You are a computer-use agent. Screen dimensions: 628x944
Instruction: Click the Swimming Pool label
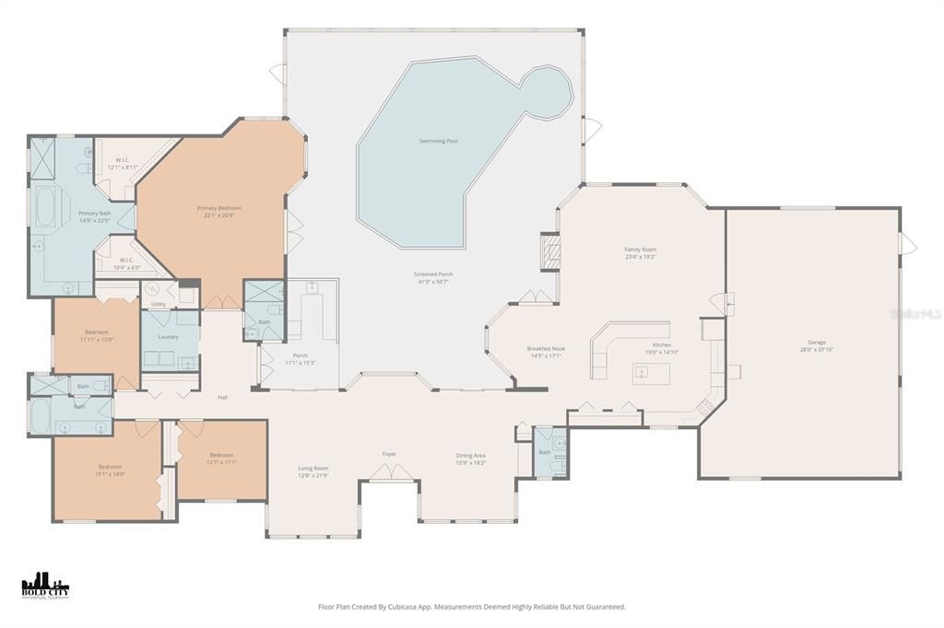click(438, 141)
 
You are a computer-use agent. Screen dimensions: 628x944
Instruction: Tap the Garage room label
click(816, 342)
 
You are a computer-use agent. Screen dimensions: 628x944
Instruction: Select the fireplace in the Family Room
click(549, 250)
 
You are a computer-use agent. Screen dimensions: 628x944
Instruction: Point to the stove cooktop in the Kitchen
click(705, 404)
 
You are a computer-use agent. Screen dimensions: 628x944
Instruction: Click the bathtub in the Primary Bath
click(45, 206)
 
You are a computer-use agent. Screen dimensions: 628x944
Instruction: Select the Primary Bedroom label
click(218, 208)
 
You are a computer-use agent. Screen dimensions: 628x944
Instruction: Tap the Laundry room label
click(168, 336)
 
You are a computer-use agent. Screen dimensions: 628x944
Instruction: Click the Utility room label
click(159, 303)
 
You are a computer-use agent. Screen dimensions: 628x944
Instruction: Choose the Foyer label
click(389, 454)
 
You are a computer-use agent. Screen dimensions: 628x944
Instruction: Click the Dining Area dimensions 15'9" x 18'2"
click(471, 463)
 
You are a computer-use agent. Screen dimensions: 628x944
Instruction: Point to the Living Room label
click(313, 468)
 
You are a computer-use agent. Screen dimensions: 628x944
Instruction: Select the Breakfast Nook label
click(546, 348)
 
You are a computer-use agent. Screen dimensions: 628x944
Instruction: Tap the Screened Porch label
click(432, 273)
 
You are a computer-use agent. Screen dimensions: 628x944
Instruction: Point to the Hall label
click(222, 397)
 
